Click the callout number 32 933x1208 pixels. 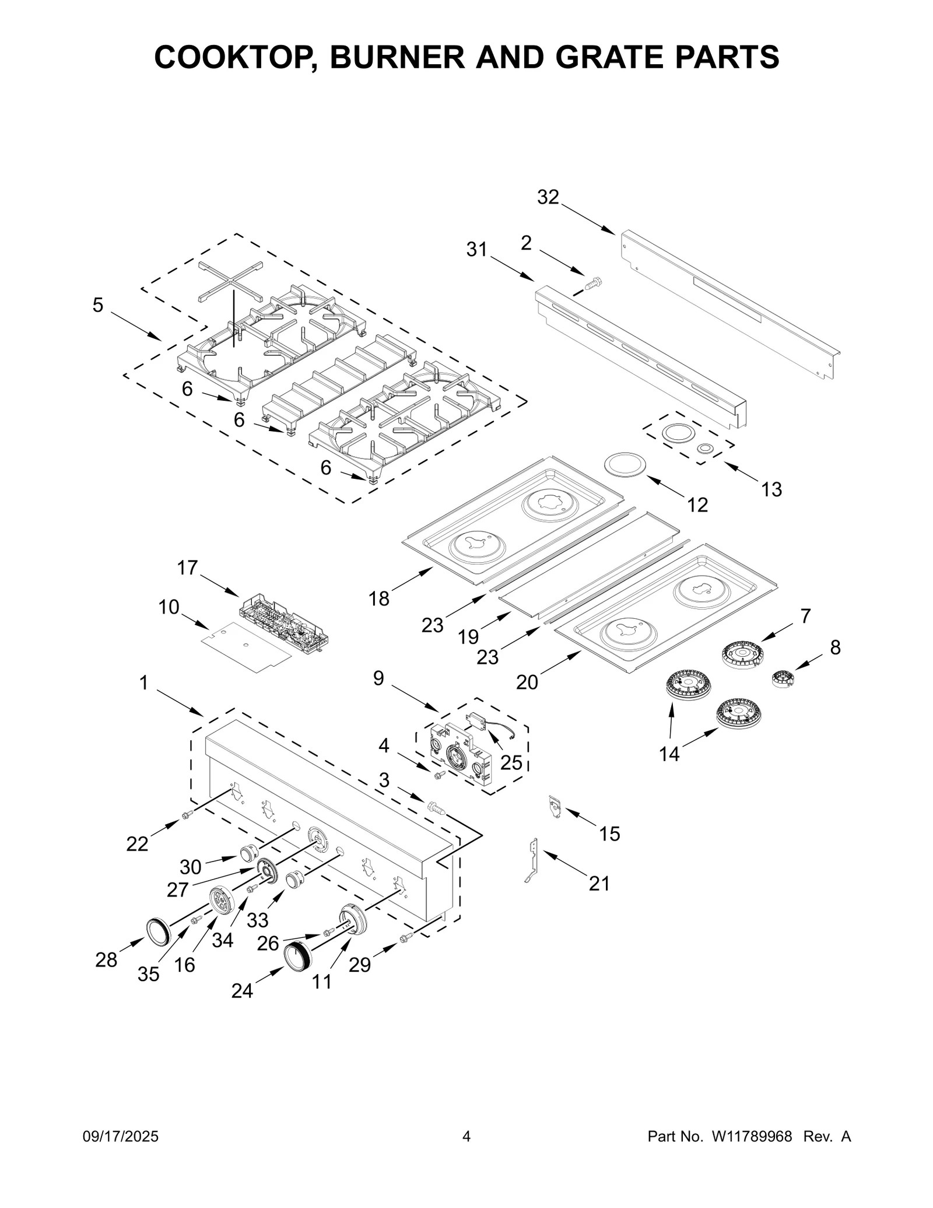548,198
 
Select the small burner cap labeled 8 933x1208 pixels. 783,679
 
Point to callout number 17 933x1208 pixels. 188,568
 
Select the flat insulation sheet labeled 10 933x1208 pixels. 245,646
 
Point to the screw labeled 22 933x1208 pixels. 187,815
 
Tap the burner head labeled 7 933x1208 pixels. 743,654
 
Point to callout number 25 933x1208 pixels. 511,762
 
